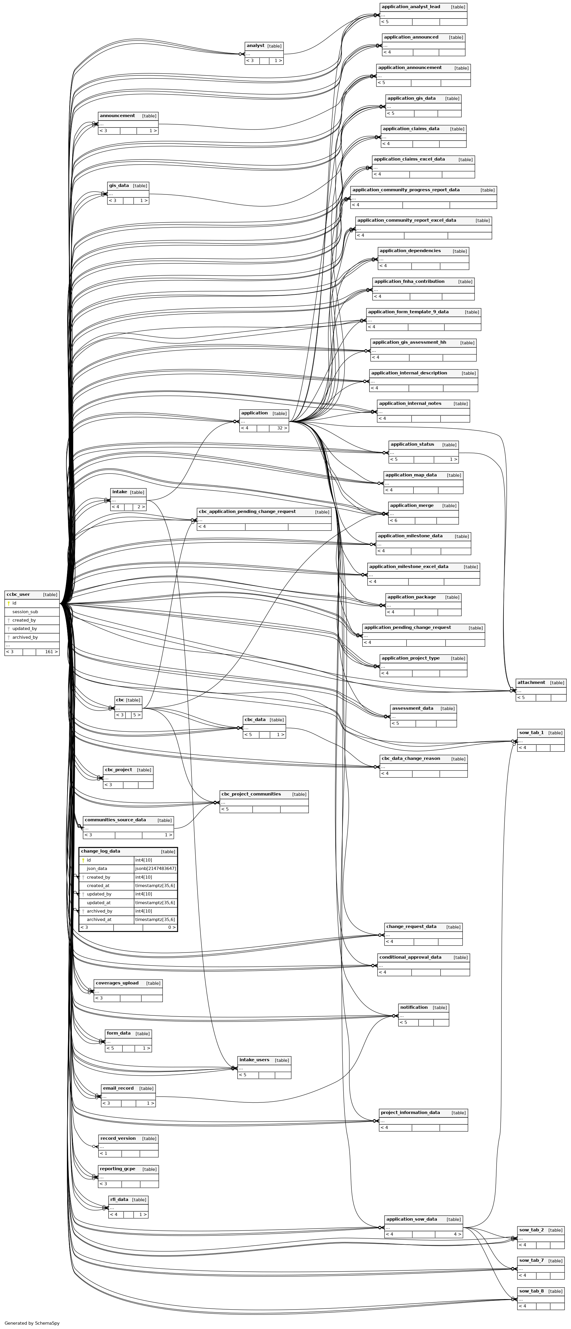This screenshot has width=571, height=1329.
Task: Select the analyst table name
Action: click(255, 46)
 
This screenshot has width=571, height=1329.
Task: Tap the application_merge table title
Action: click(412, 506)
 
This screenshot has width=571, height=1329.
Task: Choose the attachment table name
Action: click(531, 682)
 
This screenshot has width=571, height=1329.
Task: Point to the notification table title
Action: click(414, 1007)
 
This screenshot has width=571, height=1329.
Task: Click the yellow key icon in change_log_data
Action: click(83, 860)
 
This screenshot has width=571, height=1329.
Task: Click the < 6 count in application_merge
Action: click(394, 520)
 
